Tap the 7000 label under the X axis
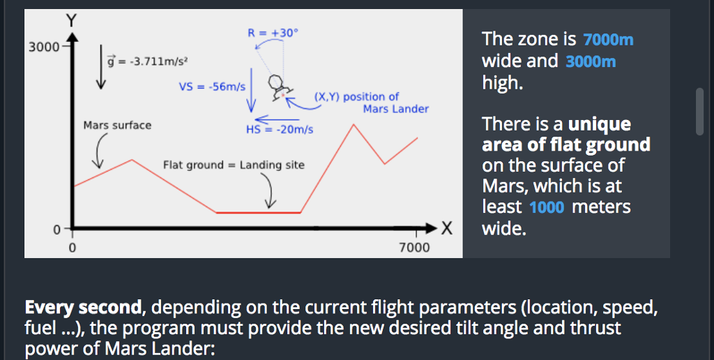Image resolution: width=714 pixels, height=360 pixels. pos(414,248)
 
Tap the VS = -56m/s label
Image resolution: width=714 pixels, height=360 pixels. pos(212,87)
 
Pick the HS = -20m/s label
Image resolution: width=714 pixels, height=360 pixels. pos(280,129)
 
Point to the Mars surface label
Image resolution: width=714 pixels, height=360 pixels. pos(116,126)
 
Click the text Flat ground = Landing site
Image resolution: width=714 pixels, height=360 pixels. pos(234,165)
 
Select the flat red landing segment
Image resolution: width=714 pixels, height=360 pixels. pos(259,212)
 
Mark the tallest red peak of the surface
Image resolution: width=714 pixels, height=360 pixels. pos(354,125)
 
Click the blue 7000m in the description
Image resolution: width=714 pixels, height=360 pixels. pos(608,39)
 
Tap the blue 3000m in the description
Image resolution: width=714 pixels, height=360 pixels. pos(591,61)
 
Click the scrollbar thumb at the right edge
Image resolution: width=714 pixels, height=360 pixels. pos(700,110)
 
